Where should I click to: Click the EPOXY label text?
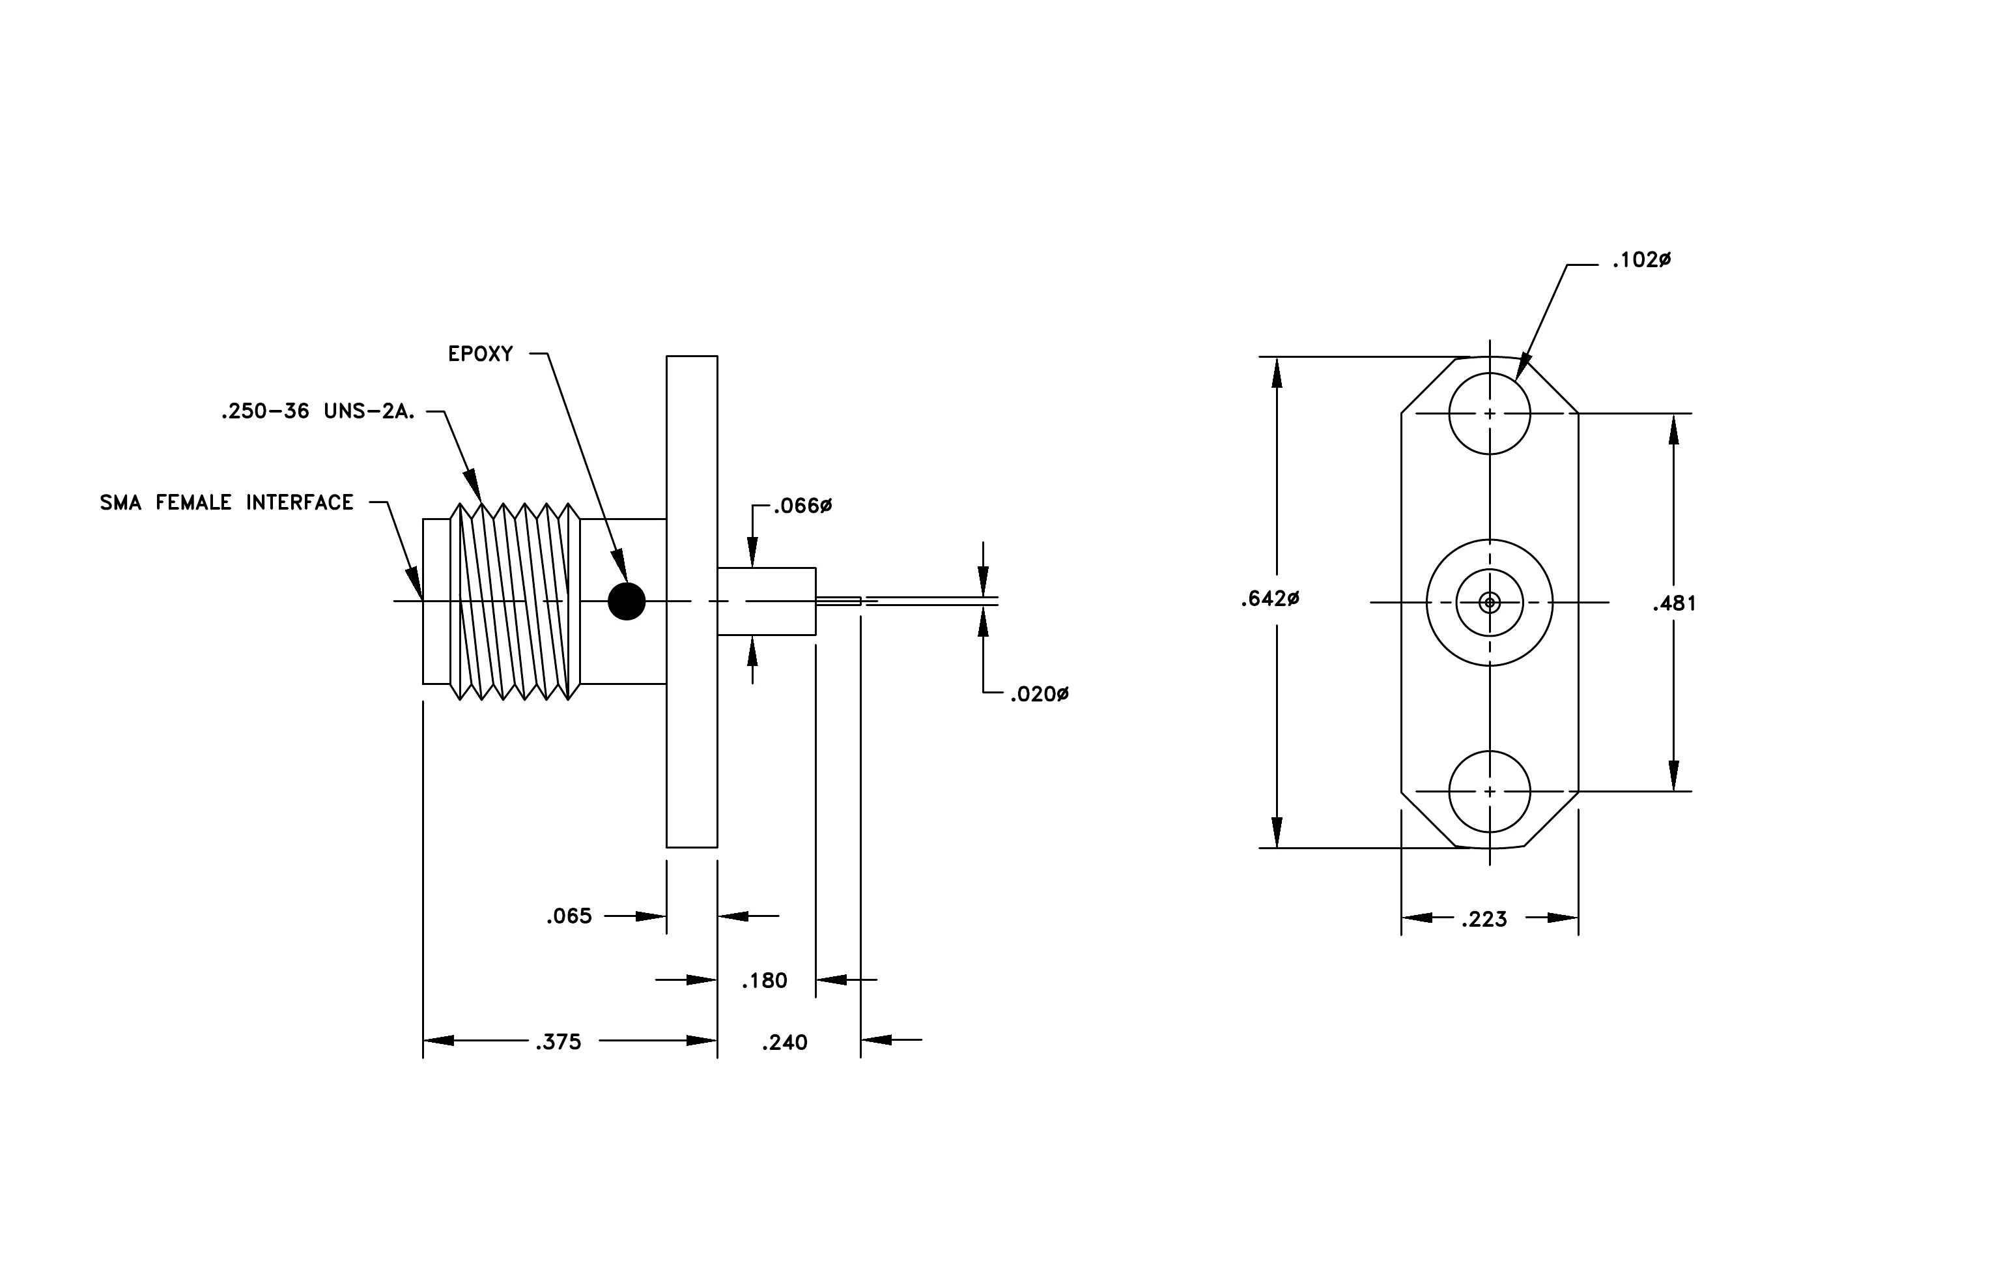tap(481, 355)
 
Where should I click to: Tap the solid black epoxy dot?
tap(627, 601)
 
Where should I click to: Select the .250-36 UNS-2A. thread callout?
tap(318, 412)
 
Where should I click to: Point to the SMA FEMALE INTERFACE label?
tap(227, 502)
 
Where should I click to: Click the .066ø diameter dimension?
tap(802, 506)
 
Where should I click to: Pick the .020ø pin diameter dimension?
tap(1040, 694)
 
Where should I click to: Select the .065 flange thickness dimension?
tap(569, 916)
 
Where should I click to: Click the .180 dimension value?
tap(765, 981)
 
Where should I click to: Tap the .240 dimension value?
tap(784, 1042)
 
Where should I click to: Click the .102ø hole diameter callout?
tap(1641, 261)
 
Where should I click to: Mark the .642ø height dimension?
tap(1270, 599)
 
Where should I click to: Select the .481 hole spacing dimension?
tap(1675, 603)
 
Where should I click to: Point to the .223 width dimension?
tap(1484, 919)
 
